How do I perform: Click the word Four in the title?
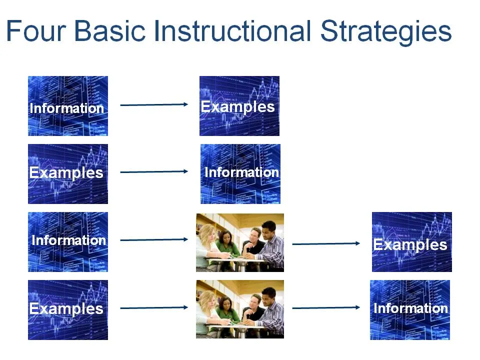coord(36,30)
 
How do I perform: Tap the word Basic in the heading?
coord(110,30)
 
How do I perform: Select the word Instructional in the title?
coord(232,30)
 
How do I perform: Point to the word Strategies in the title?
coord(385,32)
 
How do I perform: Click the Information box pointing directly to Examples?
coord(68,106)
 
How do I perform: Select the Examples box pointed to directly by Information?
coord(239,106)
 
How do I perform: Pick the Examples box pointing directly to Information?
coord(68,174)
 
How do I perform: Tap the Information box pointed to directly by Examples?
coord(240,174)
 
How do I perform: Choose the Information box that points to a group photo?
coord(68,242)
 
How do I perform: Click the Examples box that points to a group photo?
coord(68,310)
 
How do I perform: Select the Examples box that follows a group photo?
coord(411,242)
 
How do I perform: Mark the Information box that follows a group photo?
coord(410,310)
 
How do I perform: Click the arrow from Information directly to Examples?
coord(154,104)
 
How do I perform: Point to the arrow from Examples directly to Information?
coord(154,171)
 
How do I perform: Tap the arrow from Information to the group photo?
coord(154,239)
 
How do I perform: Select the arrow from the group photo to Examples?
coord(326,243)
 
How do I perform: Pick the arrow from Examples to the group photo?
coord(154,307)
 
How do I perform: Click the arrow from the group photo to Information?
coord(326,307)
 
